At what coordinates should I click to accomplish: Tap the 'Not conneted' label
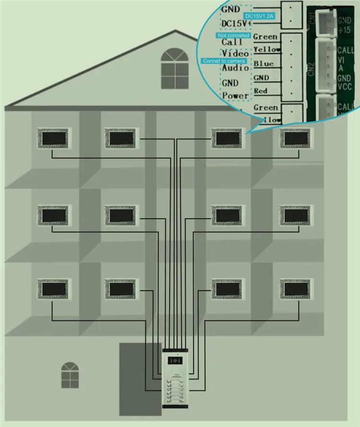(233, 35)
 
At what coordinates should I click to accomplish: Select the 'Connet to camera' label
(224, 61)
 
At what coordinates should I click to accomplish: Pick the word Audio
(235, 68)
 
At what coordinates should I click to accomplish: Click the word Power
(235, 95)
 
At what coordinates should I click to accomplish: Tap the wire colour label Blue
(264, 64)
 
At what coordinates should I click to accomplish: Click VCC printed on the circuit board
(345, 87)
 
